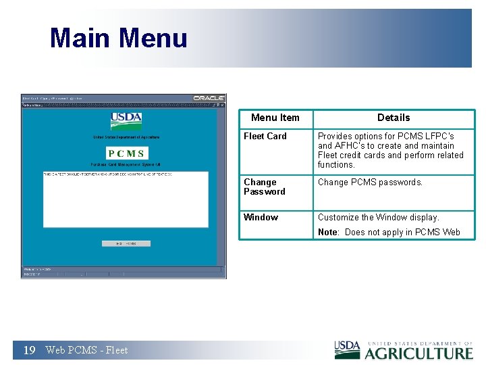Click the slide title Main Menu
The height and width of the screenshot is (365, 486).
pyautogui.click(x=118, y=38)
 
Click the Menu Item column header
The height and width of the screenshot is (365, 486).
pyautogui.click(x=275, y=118)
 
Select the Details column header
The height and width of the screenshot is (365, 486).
pyautogui.click(x=394, y=118)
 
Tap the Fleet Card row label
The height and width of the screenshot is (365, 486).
pyautogui.click(x=265, y=136)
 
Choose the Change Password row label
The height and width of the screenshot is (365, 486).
pyautogui.click(x=264, y=187)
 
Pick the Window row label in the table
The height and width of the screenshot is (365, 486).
pyautogui.click(x=261, y=217)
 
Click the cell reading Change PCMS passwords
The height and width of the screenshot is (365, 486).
pyautogui.click(x=370, y=182)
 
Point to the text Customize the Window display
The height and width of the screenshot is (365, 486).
pyautogui.click(x=378, y=217)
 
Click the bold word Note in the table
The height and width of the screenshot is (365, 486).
pyautogui.click(x=327, y=232)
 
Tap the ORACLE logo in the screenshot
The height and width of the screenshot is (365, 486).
pyautogui.click(x=209, y=98)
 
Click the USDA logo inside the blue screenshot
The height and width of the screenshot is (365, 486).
pyautogui.click(x=126, y=120)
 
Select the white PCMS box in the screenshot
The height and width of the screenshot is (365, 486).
pyautogui.click(x=126, y=153)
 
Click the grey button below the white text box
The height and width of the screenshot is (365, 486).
pyautogui.click(x=126, y=243)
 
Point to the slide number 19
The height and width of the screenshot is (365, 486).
pyautogui.click(x=29, y=349)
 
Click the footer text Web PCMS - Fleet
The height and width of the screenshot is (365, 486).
pyautogui.click(x=86, y=349)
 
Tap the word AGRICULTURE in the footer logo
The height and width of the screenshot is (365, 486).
pyautogui.click(x=419, y=353)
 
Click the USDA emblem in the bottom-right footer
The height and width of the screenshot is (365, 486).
pyautogui.click(x=347, y=349)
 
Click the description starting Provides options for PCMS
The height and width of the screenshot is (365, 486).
pyautogui.click(x=390, y=150)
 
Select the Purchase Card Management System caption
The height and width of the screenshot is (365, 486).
pyautogui.click(x=126, y=164)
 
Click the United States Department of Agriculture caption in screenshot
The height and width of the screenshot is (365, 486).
pyautogui.click(x=126, y=138)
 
